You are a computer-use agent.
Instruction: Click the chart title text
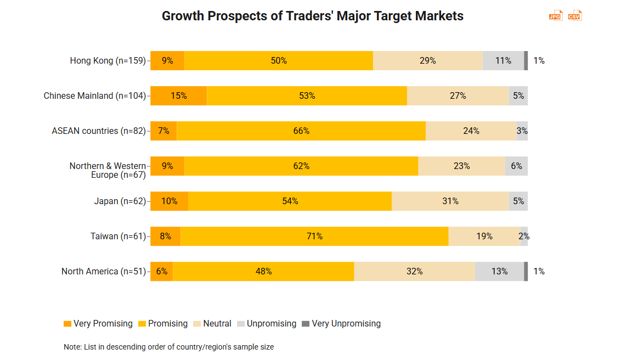pos(312,16)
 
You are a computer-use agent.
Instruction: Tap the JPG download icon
pos(556,15)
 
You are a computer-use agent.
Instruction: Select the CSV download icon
pos(574,15)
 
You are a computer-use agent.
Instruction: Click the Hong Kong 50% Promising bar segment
pos(279,60)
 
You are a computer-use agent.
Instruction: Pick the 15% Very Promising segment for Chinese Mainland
pos(178,95)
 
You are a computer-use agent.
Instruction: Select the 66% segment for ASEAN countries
pos(301,131)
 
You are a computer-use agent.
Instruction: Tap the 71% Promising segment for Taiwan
pos(314,236)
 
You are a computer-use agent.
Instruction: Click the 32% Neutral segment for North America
pos(414,271)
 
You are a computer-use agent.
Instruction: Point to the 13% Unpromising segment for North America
pos(499,271)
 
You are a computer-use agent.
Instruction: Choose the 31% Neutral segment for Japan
pos(450,201)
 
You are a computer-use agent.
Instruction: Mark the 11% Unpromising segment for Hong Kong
pos(503,60)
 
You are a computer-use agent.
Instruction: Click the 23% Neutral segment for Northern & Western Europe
pos(461,166)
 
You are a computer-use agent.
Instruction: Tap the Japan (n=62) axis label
pos(120,201)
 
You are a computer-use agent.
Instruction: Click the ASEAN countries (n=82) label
pos(99,131)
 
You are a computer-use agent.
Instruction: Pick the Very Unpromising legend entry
pos(341,324)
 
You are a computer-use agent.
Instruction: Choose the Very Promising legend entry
pos(98,324)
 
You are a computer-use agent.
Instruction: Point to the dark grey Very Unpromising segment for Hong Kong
pos(526,60)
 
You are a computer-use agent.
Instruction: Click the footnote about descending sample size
pos(168,347)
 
